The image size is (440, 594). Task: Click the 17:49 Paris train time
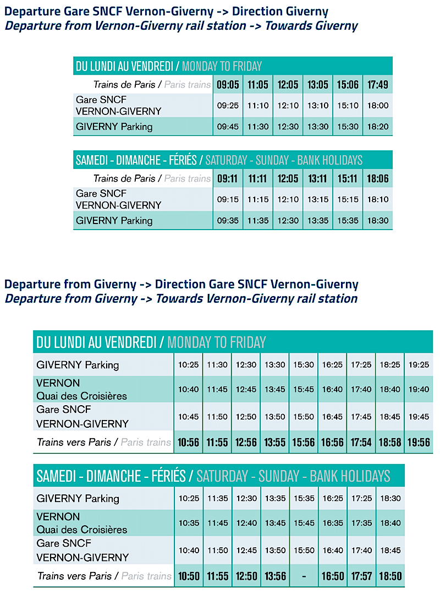pos(378,84)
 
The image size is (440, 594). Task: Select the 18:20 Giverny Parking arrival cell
pos(378,127)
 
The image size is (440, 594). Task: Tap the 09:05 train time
pos(228,84)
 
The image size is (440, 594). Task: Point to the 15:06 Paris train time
pos(348,84)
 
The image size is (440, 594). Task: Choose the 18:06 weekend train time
pos(378,178)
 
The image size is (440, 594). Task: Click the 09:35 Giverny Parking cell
pos(228,221)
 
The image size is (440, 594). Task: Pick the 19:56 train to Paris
pos(419,443)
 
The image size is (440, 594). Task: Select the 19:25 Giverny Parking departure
pos(419,364)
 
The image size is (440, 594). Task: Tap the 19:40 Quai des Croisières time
pos(419,389)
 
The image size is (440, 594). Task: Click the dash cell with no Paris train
pos(303,576)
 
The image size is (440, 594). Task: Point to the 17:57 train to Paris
pos(361,576)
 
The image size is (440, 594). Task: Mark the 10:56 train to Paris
pos(189,443)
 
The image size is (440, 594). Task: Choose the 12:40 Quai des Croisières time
pos(246,523)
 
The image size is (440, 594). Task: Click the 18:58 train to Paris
pos(390,443)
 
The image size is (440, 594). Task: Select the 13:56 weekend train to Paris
pos(275,576)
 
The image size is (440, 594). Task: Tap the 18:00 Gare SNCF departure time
pos(378,105)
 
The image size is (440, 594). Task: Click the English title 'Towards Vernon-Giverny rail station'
pos(181,299)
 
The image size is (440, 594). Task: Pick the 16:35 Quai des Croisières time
pos(333,523)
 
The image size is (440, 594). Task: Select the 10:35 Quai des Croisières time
pos(189,523)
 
